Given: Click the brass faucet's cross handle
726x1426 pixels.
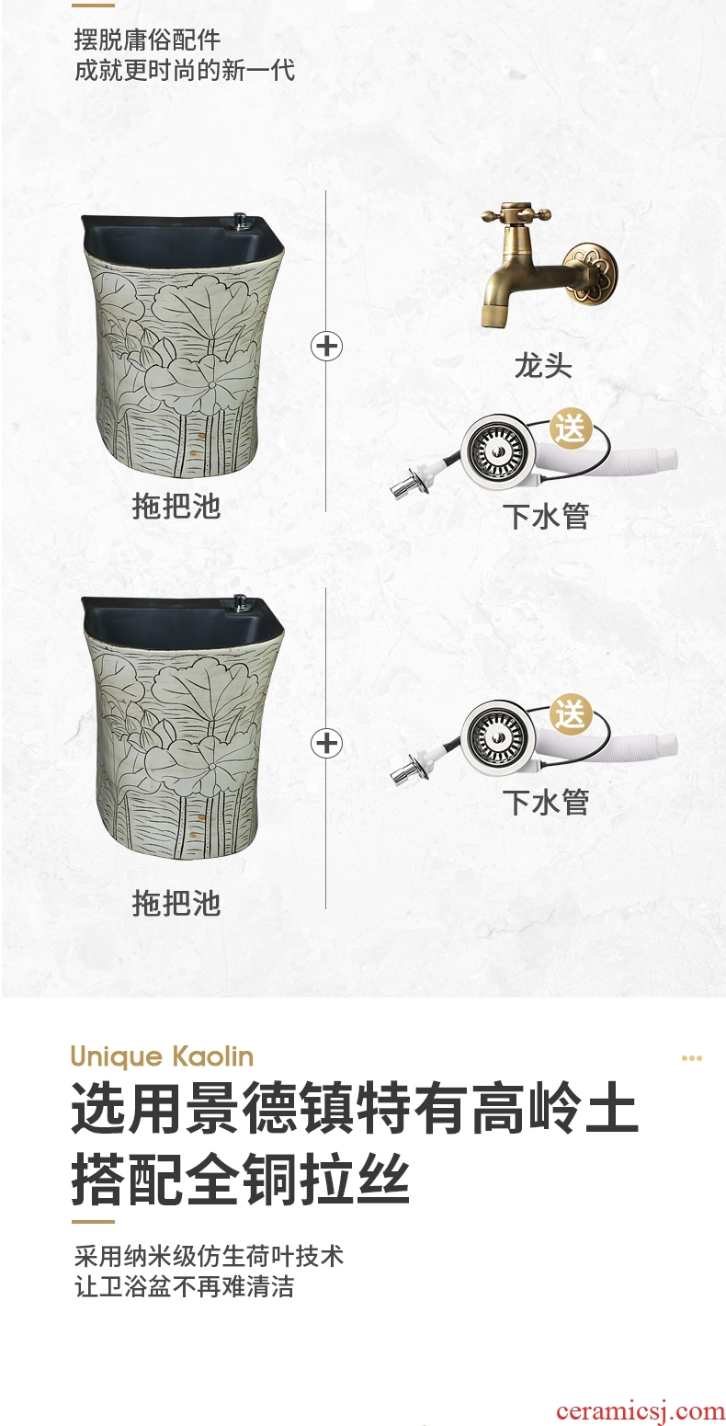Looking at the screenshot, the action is (516, 214).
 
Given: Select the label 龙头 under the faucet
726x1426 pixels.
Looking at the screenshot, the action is (543, 367).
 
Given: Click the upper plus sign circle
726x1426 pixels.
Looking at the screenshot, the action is (326, 347).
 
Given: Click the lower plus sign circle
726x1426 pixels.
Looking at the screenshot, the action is (326, 743).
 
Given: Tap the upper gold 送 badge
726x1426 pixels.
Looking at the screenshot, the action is (571, 428).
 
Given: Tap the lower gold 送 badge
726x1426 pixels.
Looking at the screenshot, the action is (571, 713).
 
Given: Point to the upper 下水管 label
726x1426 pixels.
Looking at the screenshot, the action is (547, 516).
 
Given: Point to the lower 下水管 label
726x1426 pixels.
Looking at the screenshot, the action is (547, 802).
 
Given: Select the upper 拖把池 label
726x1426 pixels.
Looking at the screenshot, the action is (176, 507).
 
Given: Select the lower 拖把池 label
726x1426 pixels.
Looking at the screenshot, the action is (176, 904).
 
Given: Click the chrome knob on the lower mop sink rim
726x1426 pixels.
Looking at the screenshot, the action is (240, 601).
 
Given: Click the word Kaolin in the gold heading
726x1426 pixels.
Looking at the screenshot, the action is (212, 1056).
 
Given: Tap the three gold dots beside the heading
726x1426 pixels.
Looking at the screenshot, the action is (691, 1058).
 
